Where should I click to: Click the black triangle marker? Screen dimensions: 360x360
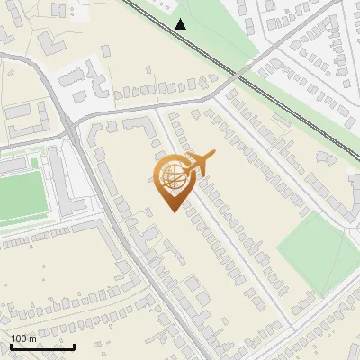coord(181,24)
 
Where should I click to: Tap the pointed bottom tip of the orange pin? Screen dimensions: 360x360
coord(172,211)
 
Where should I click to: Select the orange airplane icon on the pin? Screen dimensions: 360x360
coord(200,163)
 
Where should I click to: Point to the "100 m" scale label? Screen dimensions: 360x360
coord(24,338)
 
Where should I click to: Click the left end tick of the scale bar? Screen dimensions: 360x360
coord(11,346)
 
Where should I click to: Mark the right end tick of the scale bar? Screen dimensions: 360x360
coord(74,346)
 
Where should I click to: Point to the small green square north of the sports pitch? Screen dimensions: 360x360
coord(35,163)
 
